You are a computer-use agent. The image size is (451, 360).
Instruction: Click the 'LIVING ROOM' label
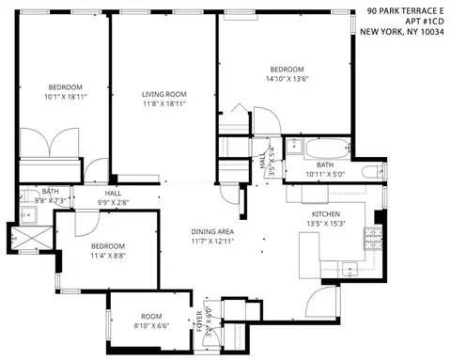coord(164,94)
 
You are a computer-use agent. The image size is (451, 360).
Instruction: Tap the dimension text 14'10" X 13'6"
coord(287,80)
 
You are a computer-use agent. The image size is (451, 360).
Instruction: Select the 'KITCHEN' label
coord(326,214)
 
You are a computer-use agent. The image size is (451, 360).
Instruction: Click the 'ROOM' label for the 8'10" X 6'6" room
coord(151,317)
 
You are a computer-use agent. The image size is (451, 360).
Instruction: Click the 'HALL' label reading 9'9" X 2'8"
coord(114,192)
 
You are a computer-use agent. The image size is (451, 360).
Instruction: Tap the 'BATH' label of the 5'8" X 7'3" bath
coord(50,191)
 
